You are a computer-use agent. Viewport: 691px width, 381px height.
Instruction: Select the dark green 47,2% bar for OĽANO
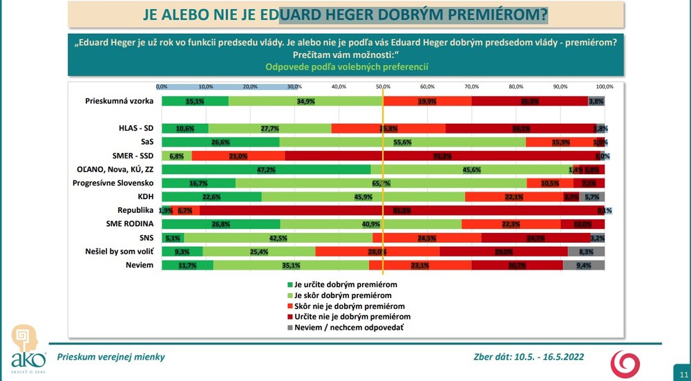click(266, 169)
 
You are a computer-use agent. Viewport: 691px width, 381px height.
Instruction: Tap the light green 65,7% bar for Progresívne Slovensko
click(381, 183)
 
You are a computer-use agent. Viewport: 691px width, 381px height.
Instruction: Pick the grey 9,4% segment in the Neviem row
click(584, 264)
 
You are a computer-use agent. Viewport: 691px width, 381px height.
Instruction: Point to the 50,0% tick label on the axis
click(383, 87)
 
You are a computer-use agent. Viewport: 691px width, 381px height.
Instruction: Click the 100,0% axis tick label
click(605, 87)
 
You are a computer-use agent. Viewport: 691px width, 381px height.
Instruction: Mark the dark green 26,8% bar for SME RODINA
click(220, 224)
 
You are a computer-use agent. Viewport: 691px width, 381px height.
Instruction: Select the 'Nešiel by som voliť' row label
click(118, 251)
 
